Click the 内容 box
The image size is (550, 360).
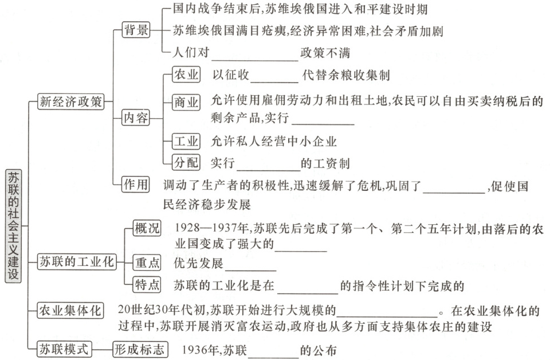[x=136, y=119]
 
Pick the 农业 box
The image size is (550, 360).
[x=186, y=75]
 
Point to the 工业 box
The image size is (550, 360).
[x=186, y=141]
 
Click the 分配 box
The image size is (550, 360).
[x=186, y=162]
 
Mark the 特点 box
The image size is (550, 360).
[x=147, y=285]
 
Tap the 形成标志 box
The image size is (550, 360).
[x=138, y=348]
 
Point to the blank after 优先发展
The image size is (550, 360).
[x=251, y=264]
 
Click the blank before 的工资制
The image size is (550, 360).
[x=268, y=165]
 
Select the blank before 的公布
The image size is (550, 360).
[x=273, y=350]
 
